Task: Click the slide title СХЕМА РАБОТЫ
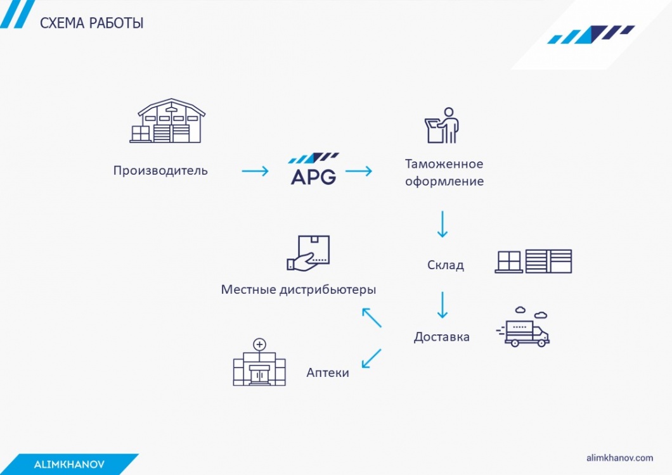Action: (92, 23)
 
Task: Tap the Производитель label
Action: (160, 170)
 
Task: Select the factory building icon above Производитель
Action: (167, 121)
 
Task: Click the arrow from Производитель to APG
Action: (255, 172)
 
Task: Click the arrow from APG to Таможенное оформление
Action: (359, 172)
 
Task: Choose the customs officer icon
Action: (442, 125)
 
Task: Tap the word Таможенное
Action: (444, 163)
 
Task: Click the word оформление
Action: (444, 181)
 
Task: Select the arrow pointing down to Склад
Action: (443, 224)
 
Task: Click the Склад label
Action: (446, 265)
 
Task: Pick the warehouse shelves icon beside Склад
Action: (534, 261)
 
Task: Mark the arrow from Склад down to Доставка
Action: (443, 305)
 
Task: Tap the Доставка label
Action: (441, 337)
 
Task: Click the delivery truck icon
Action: (523, 327)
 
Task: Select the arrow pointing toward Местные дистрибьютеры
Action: (372, 318)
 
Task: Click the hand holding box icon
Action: (308, 253)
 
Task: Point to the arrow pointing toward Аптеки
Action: (372, 358)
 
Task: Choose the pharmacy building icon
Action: (259, 362)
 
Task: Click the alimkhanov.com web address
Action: (620, 458)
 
